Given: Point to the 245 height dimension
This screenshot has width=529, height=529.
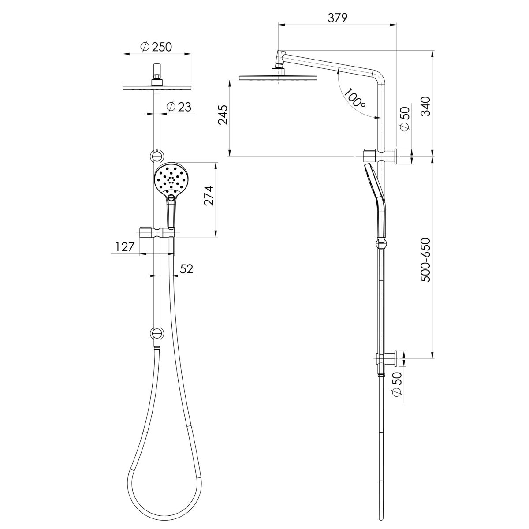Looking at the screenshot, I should (x=224, y=115).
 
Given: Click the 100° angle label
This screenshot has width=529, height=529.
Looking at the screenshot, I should (x=355, y=98).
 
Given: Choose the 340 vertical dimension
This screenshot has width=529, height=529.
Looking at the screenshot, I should (x=425, y=106).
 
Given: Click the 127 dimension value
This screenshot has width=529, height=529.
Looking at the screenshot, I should (x=125, y=247).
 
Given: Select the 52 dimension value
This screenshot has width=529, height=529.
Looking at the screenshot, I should (x=187, y=269).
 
